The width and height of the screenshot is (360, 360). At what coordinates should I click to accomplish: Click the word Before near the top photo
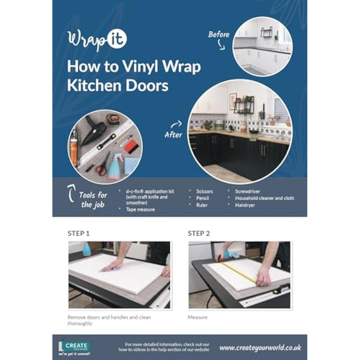click(x=219, y=34)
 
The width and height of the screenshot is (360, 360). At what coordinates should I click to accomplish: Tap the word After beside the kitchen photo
click(x=173, y=134)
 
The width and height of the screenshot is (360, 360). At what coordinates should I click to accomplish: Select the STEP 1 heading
click(x=80, y=233)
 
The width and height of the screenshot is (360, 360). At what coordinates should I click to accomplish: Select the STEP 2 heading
click(x=199, y=233)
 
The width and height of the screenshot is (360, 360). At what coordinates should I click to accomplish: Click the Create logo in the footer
click(x=73, y=347)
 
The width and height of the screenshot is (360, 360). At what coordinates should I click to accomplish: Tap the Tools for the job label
click(x=94, y=200)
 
